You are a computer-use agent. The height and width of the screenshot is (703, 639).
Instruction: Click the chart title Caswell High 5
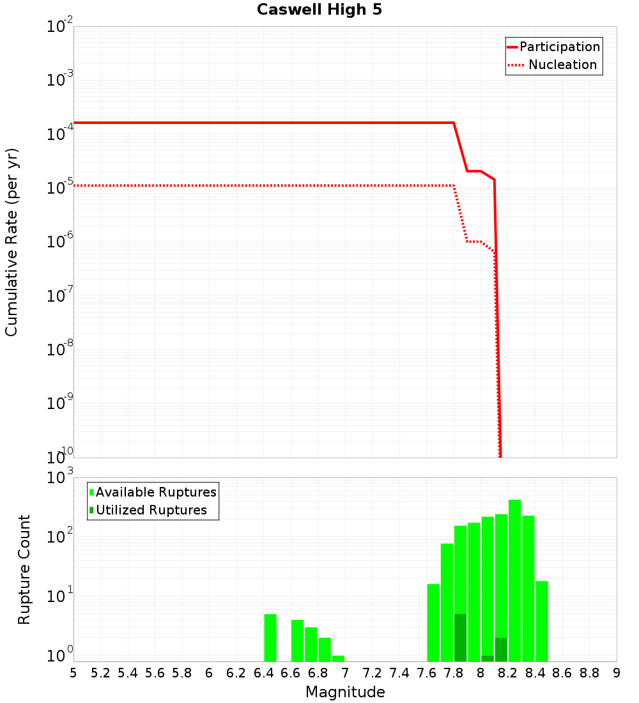point(319,10)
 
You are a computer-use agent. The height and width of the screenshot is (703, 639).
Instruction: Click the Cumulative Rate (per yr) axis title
point(12,242)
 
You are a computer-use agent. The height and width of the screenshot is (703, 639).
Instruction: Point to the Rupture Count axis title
point(24,569)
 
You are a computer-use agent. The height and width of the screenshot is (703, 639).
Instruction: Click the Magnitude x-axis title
point(345,692)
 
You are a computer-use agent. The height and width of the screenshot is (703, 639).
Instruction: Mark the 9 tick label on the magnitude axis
point(617,673)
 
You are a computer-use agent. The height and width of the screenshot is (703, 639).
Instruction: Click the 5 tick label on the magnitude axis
point(73,673)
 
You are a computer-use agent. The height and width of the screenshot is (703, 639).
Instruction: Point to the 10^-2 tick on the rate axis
point(60,27)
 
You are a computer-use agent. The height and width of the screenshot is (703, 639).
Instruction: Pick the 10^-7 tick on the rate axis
point(60,296)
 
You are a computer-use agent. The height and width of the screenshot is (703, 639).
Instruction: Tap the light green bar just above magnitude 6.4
point(270,638)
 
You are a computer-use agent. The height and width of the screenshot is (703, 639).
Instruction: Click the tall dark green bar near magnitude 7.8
point(461,638)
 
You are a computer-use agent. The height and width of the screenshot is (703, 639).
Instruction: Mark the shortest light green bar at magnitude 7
point(339,658)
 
